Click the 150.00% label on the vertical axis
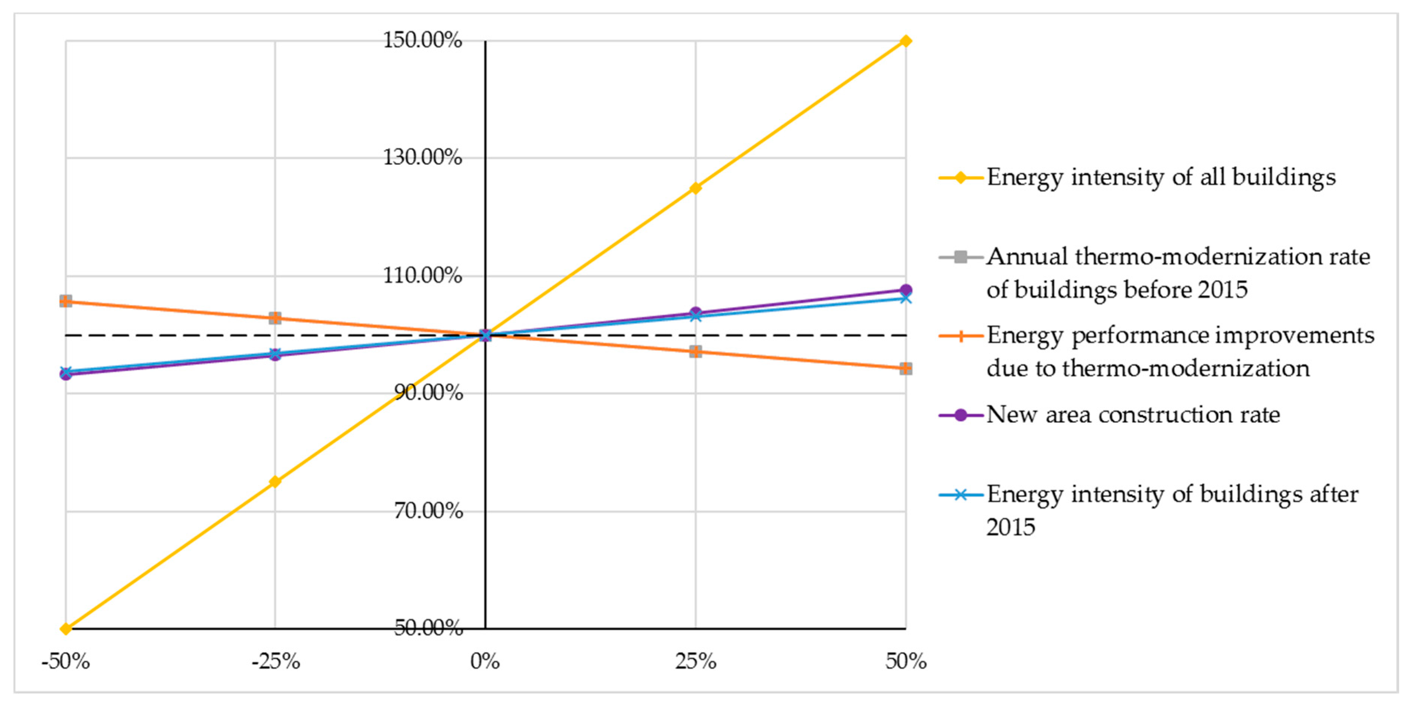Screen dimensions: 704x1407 (x=422, y=40)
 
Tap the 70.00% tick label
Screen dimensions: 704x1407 (x=428, y=511)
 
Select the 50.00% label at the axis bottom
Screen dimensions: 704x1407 (x=428, y=628)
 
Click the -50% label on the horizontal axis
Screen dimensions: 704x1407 (x=65, y=662)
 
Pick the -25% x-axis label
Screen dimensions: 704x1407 (x=275, y=662)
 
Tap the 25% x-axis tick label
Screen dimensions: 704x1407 (x=695, y=662)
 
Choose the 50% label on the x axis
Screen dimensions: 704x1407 (x=906, y=662)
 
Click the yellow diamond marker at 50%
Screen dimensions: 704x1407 (x=906, y=41)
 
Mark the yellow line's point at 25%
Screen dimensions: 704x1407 (x=695, y=188)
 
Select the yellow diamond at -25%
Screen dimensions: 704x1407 (x=275, y=482)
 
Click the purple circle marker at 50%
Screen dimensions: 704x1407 (x=906, y=290)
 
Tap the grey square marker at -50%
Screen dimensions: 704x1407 (x=65, y=301)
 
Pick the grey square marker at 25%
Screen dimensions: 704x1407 (x=695, y=352)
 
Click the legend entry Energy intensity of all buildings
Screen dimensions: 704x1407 (x=1161, y=177)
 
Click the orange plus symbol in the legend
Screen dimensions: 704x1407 (x=961, y=336)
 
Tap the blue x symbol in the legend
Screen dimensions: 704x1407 (x=961, y=495)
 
